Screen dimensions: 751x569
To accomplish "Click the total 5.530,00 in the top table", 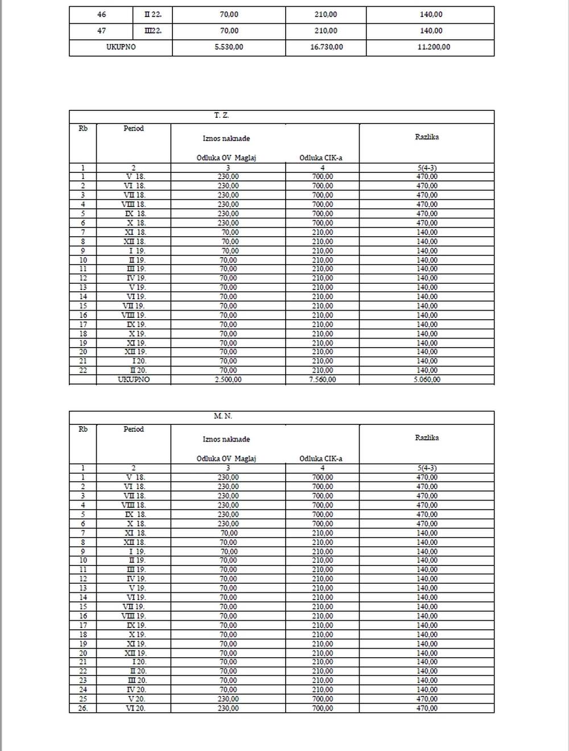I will click(229, 47).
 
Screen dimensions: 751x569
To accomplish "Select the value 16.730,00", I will click(327, 47).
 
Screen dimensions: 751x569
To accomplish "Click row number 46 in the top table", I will click(101, 15).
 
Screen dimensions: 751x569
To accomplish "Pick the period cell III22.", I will click(153, 31).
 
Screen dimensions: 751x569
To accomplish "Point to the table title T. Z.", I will click(221, 115).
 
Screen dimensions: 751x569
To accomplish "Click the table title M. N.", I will click(222, 416).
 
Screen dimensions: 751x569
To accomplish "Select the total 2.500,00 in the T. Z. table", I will click(228, 379).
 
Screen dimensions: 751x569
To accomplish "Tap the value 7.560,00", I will click(323, 379).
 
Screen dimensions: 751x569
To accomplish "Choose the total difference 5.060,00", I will click(427, 379).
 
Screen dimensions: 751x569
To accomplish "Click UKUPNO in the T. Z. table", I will click(134, 379).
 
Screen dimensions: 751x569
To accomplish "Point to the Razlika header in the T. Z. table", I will click(427, 137).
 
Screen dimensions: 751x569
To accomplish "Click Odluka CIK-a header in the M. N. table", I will click(321, 459).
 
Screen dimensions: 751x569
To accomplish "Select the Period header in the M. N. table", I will click(134, 430).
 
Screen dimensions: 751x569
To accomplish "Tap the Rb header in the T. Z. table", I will click(83, 129).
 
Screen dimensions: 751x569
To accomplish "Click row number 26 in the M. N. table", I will click(83, 708).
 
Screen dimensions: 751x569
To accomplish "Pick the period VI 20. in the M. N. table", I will click(135, 708).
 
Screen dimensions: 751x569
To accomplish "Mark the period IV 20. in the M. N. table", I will click(135, 690).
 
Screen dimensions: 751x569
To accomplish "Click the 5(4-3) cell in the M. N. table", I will click(427, 468).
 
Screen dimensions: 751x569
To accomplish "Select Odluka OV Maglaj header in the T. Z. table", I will click(226, 158).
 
